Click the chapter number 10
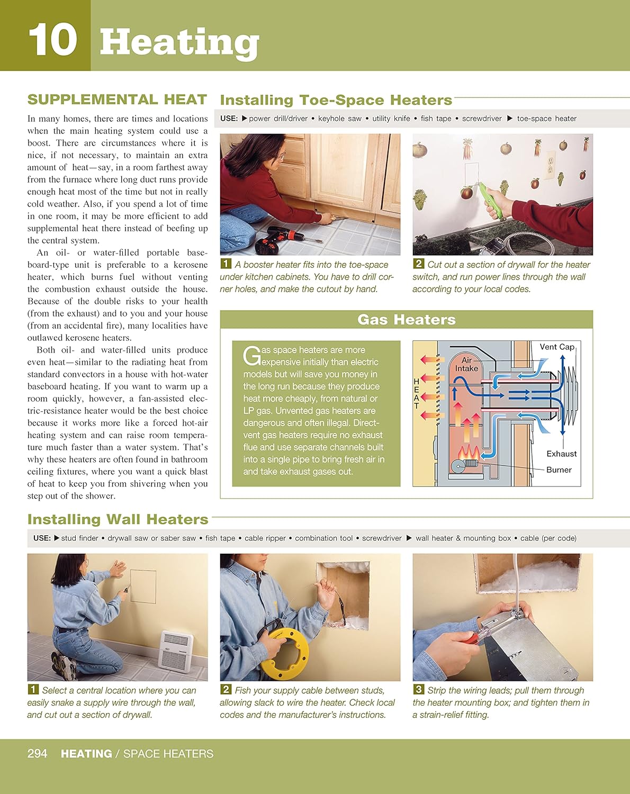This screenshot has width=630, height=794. click(x=52, y=40)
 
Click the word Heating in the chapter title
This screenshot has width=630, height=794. click(x=179, y=42)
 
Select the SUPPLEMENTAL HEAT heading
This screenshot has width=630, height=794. click(x=117, y=100)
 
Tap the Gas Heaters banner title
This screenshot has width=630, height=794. click(x=406, y=320)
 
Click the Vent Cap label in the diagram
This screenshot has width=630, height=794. click(x=556, y=347)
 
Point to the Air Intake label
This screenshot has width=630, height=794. click(x=466, y=364)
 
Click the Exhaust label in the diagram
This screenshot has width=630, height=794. click(x=561, y=454)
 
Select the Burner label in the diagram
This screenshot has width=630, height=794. click(x=559, y=470)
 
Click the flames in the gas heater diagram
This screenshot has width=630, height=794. click(x=469, y=453)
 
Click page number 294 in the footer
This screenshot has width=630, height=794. click(x=37, y=753)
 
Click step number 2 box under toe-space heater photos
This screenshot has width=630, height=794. click(x=418, y=264)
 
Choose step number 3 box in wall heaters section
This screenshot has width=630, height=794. click(x=418, y=689)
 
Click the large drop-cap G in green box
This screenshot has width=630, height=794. click(x=251, y=356)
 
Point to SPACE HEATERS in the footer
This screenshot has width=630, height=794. click(x=168, y=754)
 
